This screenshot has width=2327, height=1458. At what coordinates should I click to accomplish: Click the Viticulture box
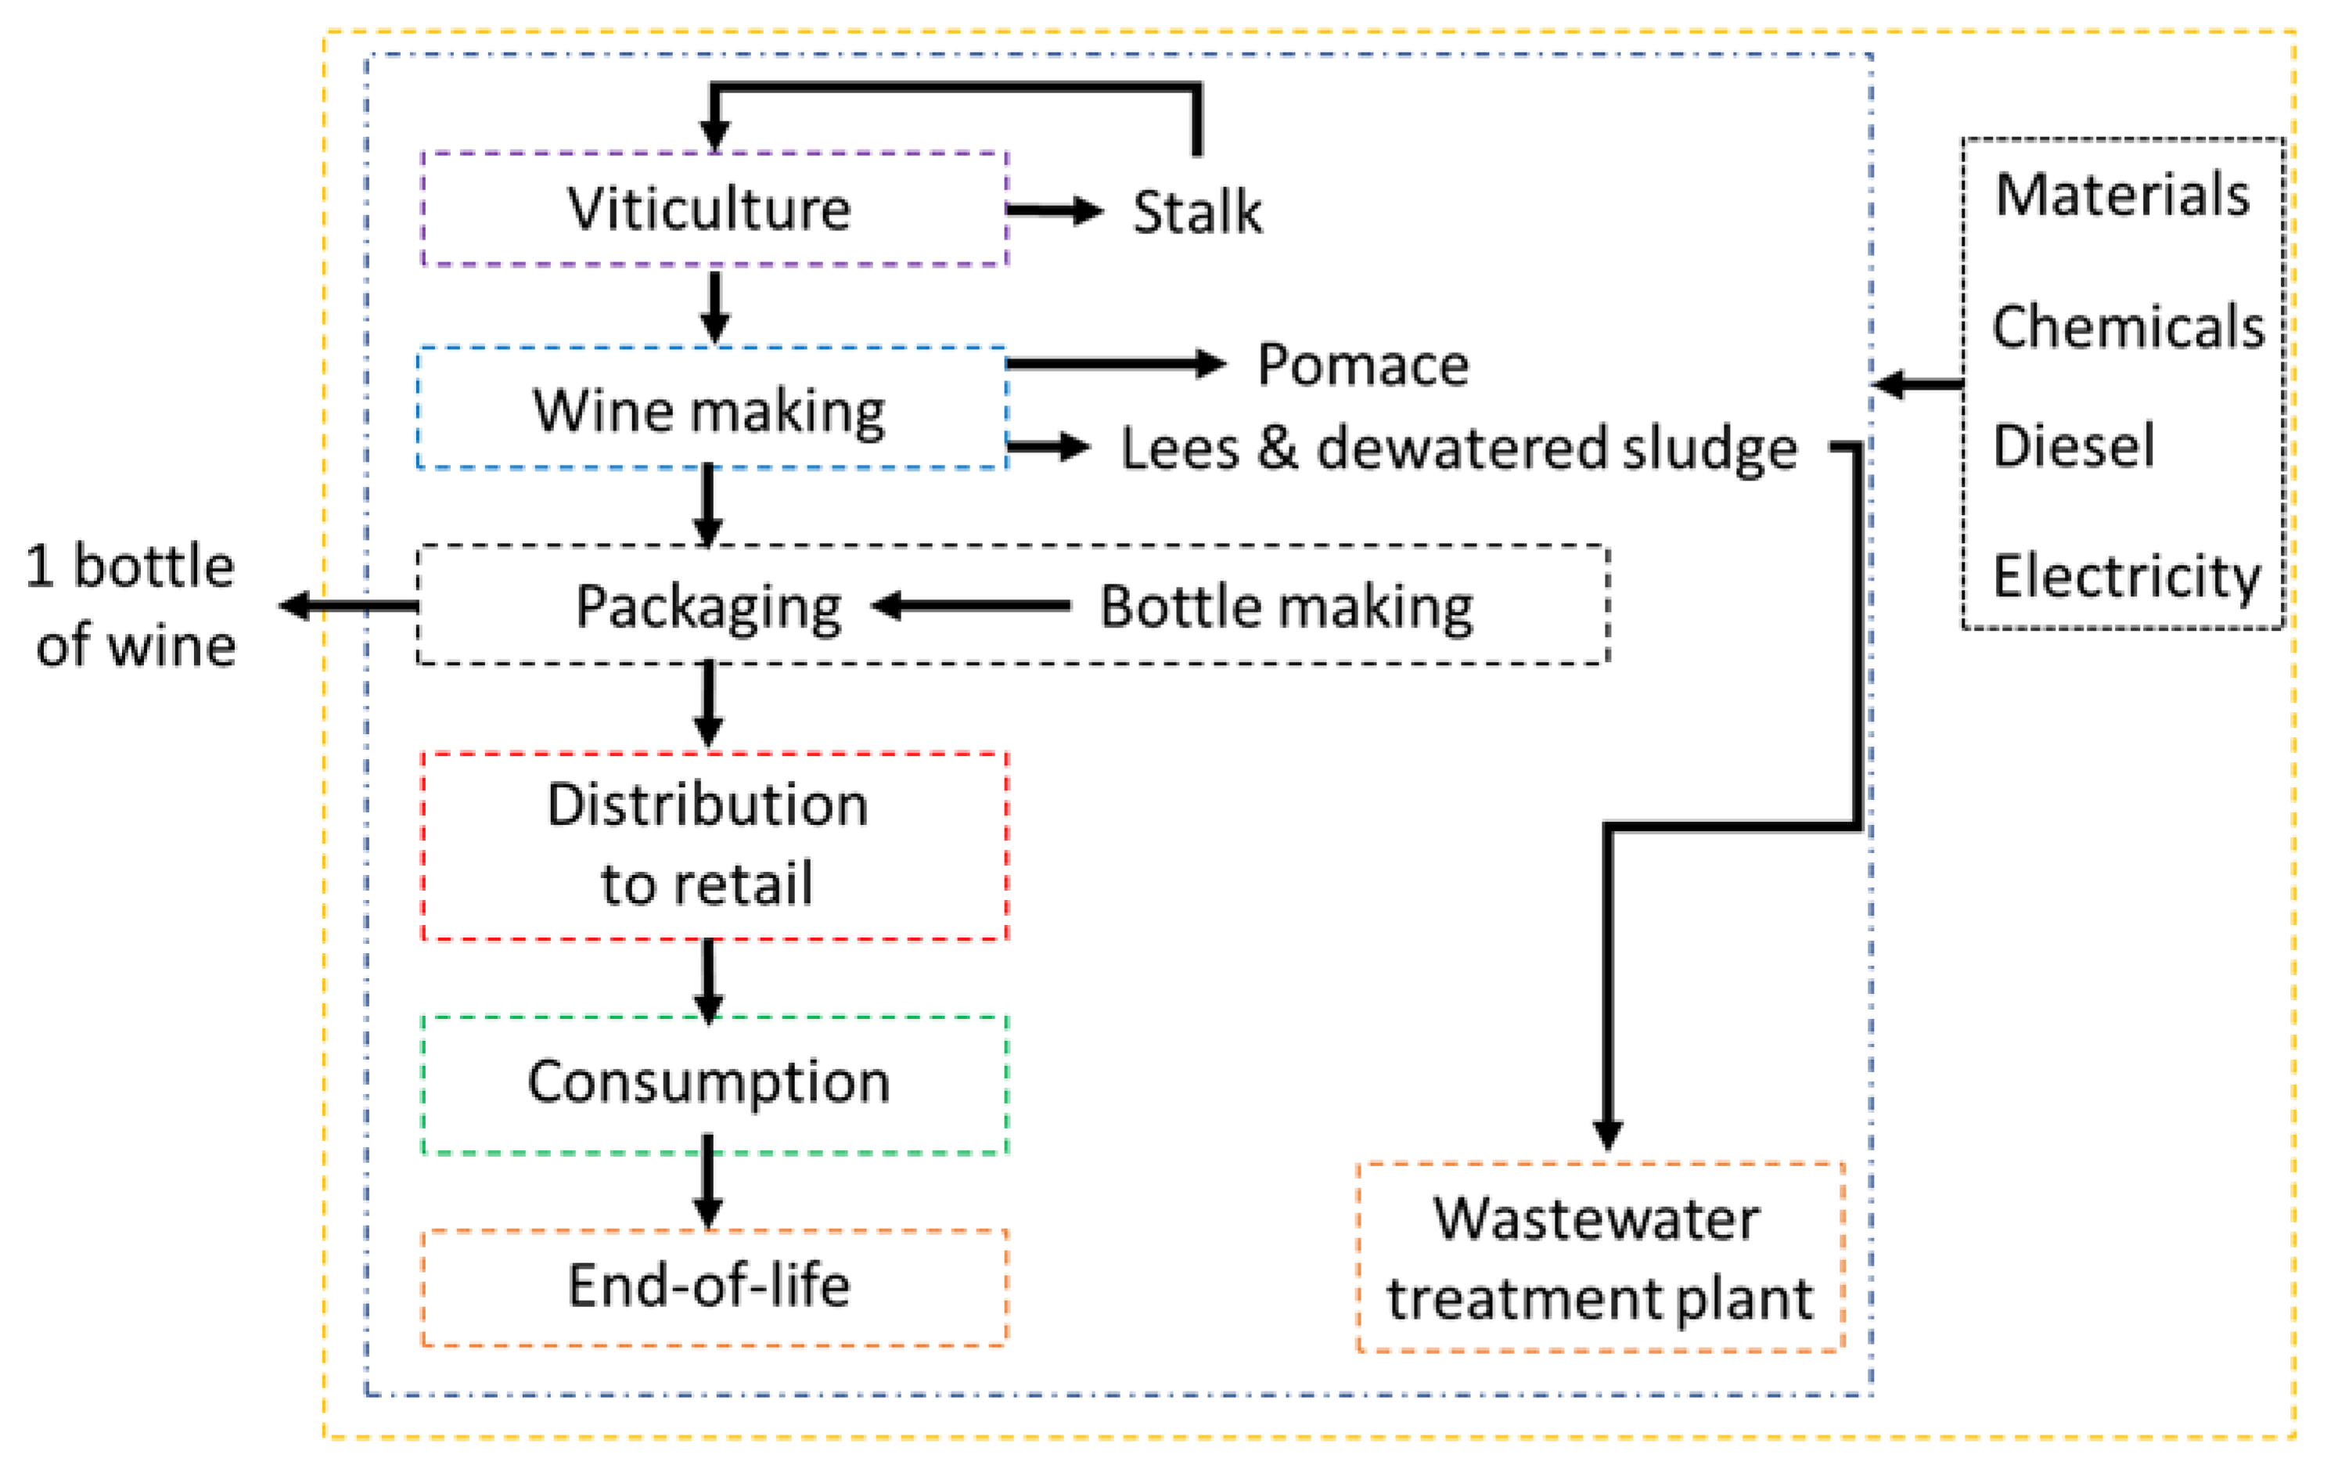point(714,208)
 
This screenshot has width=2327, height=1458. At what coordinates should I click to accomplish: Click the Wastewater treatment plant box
point(1600,1258)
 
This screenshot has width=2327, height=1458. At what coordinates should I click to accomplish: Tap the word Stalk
point(1196,211)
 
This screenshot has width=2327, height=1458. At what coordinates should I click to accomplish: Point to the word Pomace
point(1362,365)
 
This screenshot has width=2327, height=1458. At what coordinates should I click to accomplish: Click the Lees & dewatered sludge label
point(1458,448)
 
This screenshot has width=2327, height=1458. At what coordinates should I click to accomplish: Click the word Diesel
point(2073,445)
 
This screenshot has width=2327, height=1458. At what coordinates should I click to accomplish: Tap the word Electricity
point(2126,577)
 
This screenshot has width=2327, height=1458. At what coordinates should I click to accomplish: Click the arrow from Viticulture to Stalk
point(1054,211)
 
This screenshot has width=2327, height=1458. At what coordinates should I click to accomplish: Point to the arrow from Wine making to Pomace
point(1114,364)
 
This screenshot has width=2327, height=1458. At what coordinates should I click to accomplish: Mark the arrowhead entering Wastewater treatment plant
point(1607,1134)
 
